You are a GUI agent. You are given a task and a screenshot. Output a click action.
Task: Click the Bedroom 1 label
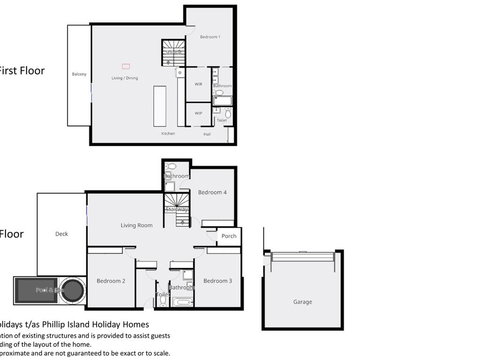click(x=210, y=37)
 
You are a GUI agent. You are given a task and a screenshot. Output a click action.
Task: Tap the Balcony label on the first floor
click(x=79, y=75)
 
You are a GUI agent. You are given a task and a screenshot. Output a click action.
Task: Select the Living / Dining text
click(x=125, y=76)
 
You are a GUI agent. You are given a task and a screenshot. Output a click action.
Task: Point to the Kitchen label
click(x=169, y=133)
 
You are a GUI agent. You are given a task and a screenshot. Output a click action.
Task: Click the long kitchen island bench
click(x=160, y=104)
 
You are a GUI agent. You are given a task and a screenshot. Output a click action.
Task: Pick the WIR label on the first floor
click(x=198, y=85)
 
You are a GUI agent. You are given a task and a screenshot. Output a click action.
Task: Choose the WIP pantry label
click(x=198, y=113)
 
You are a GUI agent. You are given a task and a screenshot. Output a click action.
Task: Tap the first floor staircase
click(x=174, y=55)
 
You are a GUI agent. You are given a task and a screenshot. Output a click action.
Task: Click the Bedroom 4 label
click(x=212, y=192)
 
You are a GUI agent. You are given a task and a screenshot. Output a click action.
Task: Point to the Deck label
click(x=62, y=234)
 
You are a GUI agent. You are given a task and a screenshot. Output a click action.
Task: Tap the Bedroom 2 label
click(x=110, y=281)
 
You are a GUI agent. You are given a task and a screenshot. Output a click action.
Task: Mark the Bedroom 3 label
click(x=217, y=281)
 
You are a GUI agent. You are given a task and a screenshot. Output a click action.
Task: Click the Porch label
click(x=229, y=236)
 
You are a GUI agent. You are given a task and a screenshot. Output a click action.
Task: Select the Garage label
click(x=302, y=301)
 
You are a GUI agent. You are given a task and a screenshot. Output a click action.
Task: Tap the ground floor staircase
click(x=177, y=210)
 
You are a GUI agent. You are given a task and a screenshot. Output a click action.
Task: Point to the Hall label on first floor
click(x=207, y=133)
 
